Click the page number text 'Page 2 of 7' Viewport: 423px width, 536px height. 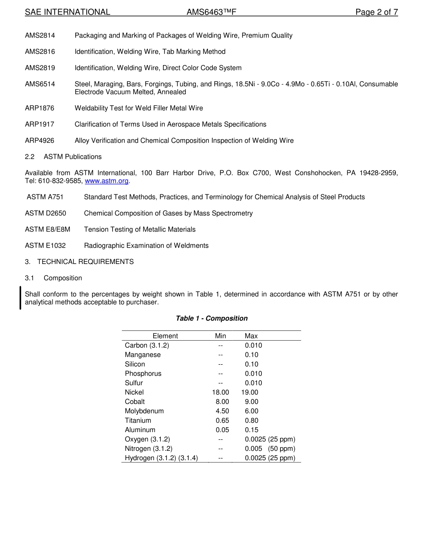click(376, 12)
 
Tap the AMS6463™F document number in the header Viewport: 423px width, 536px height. click(211, 12)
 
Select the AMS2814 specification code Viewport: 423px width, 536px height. click(40, 36)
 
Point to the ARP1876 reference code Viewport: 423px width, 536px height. click(40, 108)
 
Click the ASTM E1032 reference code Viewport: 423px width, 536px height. click(45, 246)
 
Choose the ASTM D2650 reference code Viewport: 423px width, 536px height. click(45, 214)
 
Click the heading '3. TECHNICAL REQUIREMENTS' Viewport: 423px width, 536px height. click(79, 262)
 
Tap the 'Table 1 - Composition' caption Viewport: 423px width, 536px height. click(211, 318)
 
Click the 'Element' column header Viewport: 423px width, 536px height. click(165, 336)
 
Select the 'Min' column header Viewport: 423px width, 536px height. click(220, 336)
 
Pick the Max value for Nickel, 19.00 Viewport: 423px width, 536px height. click(250, 392)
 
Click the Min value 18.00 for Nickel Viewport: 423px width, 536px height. click(220, 392)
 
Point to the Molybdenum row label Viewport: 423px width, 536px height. click(144, 411)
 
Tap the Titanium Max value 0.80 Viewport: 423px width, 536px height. click(252, 421)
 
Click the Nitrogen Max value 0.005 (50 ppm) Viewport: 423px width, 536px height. click(270, 449)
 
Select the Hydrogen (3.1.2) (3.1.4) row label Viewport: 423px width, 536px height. click(161, 458)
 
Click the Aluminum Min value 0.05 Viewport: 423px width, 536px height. click(223, 430)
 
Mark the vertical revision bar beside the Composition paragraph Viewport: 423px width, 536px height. click(20, 298)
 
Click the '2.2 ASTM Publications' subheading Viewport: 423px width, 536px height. click(63, 157)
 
